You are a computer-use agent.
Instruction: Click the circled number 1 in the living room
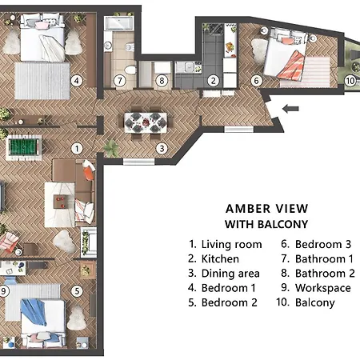77,148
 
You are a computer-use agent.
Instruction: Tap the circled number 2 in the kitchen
214,80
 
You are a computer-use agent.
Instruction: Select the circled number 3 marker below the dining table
161,148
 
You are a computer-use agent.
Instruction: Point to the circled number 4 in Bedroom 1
77,80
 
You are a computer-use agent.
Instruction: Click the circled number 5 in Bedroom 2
77,292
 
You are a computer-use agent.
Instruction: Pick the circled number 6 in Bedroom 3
257,80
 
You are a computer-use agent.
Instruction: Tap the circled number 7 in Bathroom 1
119,80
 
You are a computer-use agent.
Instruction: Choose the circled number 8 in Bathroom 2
162,80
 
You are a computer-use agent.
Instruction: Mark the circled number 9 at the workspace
4,291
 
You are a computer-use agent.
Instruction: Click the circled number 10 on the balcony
350,80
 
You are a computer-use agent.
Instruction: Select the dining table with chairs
146,122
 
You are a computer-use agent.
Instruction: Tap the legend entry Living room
225,244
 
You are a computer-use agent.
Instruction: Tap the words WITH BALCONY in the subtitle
266,224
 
